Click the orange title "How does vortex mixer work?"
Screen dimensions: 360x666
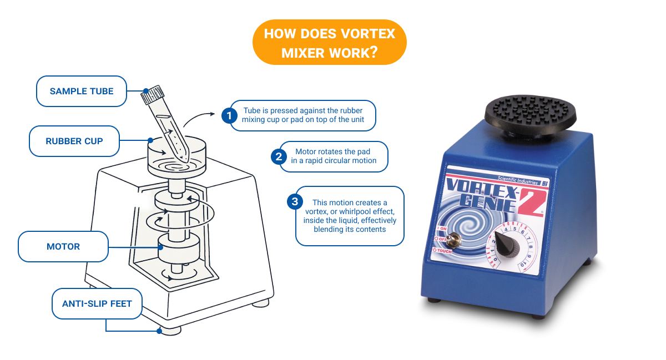[329, 43]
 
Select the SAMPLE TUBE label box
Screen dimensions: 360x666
[82, 91]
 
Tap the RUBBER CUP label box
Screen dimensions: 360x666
[74, 141]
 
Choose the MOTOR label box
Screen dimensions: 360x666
[63, 246]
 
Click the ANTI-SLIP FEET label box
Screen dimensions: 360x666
[97, 303]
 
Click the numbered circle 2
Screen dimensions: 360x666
[277, 156]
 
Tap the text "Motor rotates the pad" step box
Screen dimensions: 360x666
[333, 156]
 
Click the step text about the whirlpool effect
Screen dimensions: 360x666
[350, 216]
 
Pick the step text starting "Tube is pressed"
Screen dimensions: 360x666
[303, 115]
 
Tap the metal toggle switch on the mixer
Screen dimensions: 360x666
[457, 240]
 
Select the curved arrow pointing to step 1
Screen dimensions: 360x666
[199, 118]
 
